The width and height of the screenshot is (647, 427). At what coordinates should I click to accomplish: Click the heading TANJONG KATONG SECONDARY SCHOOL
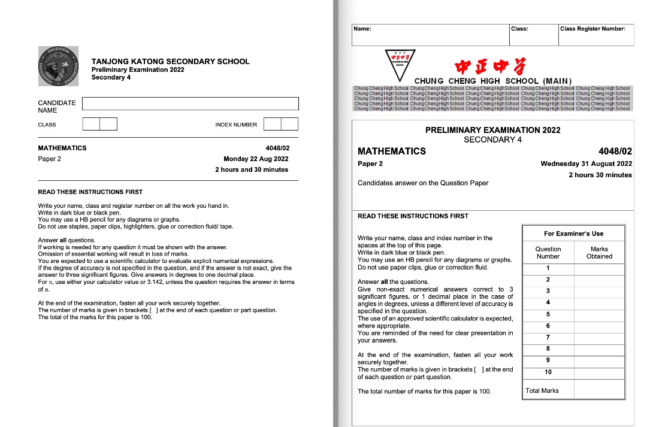click(x=170, y=61)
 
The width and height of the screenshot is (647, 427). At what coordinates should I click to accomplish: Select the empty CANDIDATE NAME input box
click(x=190, y=104)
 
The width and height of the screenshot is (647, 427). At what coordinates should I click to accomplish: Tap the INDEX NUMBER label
click(x=236, y=125)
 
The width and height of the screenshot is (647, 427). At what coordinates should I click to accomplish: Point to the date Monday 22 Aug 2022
click(x=256, y=159)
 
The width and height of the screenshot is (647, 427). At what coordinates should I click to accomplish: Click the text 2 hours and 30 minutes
click(x=252, y=169)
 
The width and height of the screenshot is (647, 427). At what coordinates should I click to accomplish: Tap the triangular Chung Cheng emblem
click(x=402, y=63)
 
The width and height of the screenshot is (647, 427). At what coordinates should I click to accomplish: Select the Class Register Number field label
click(x=592, y=29)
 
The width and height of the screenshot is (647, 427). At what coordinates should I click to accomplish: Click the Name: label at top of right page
click(x=362, y=29)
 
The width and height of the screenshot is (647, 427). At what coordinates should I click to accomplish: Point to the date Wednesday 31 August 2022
click(x=586, y=163)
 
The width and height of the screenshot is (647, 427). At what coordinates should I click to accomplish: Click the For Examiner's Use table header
click(x=573, y=234)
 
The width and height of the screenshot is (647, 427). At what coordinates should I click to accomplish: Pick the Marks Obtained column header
click(x=599, y=252)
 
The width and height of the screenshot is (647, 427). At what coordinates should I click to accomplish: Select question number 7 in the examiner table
click(x=548, y=337)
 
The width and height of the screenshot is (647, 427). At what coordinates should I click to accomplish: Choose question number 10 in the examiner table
click(x=548, y=372)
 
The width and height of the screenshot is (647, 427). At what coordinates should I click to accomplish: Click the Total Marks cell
click(x=542, y=390)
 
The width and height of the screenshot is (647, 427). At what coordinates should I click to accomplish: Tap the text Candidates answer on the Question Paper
click(x=422, y=183)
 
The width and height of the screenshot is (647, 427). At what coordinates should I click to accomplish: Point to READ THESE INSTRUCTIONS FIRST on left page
click(x=90, y=192)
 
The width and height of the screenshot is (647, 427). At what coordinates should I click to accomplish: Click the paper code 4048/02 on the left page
click(x=277, y=148)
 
